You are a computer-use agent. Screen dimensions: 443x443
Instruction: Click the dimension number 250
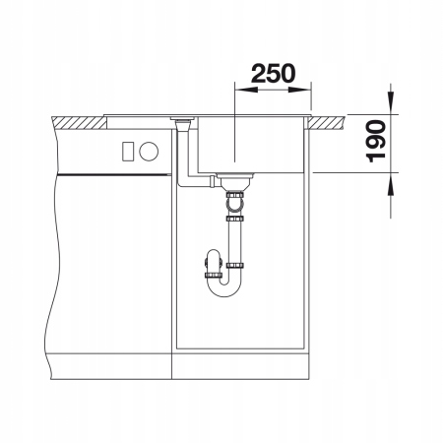point(273,74)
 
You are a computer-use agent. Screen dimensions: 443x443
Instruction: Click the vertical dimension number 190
point(376,141)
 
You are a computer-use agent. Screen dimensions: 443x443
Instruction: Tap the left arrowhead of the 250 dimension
point(246,90)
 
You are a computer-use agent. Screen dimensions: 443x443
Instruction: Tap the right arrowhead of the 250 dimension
point(299,90)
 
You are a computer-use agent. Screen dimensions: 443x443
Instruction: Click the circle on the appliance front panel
point(149,152)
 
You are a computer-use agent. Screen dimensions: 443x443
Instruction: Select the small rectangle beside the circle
point(128,152)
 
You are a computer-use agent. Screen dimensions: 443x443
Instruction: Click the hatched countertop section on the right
point(327,122)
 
